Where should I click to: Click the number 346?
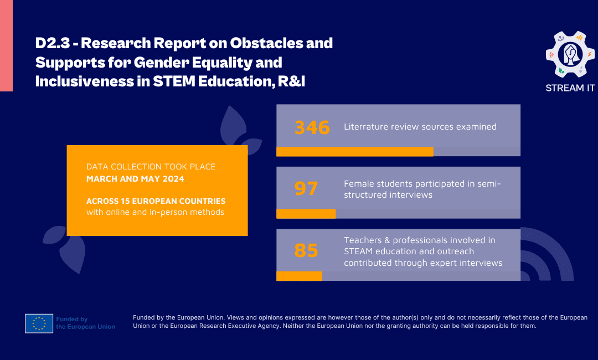coord(312,127)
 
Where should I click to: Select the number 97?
coord(306,188)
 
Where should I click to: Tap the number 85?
coord(306,251)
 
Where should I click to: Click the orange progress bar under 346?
coord(354,152)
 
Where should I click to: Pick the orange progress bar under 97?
coord(306,214)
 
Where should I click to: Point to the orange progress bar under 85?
coord(299,276)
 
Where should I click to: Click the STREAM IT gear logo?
coord(570,54)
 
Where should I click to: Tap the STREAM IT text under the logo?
coord(570,88)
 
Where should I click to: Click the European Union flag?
coord(39,323)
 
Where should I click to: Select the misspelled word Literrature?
coord(366,127)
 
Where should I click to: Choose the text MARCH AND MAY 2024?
coord(135,179)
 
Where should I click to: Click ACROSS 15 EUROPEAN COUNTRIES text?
coord(156,201)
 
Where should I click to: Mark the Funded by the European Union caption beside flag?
coord(85,323)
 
